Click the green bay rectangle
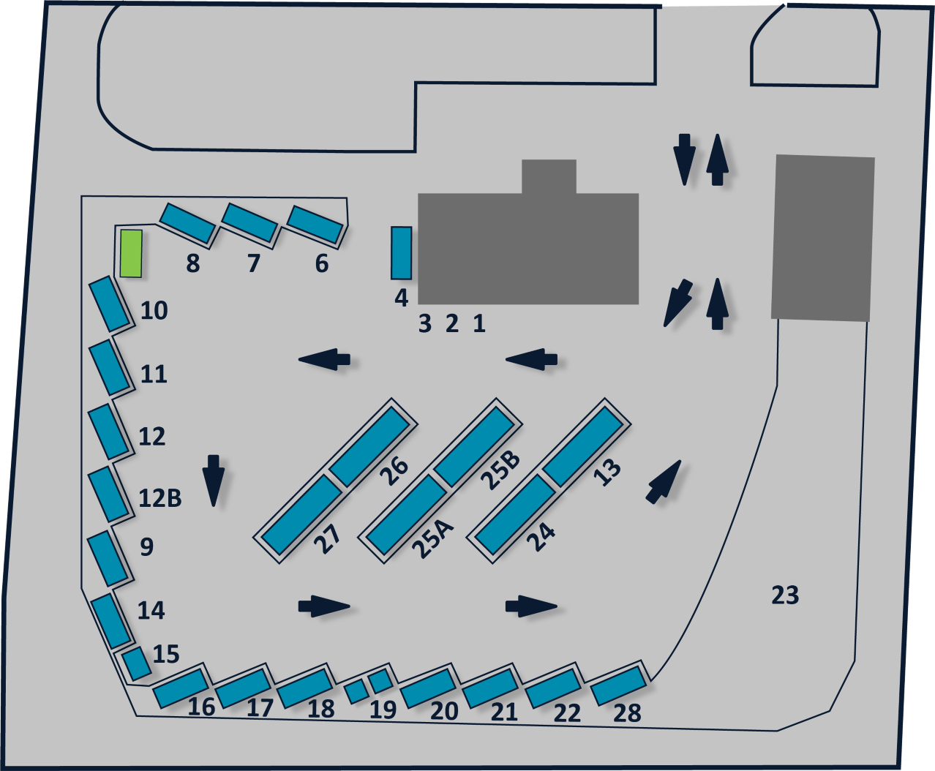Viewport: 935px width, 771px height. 131,253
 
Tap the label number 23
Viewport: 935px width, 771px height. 785,595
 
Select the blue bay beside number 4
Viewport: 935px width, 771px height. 401,253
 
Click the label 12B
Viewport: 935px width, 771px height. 159,498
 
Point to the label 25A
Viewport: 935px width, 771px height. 432,538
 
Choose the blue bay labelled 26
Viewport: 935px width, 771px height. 369,444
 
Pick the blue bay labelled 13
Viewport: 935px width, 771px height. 583,445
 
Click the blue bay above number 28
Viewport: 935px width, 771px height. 618,685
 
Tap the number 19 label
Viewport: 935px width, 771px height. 383,710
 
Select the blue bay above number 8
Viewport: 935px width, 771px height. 187,222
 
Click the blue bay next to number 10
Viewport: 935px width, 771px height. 110,304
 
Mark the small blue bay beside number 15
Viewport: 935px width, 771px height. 136,663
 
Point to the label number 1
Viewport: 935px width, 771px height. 479,323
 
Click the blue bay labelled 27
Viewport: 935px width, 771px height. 301,514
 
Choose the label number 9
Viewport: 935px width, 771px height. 146,547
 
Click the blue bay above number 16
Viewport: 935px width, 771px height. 181,688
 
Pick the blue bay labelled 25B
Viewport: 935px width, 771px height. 473,445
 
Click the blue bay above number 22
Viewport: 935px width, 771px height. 553,688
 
